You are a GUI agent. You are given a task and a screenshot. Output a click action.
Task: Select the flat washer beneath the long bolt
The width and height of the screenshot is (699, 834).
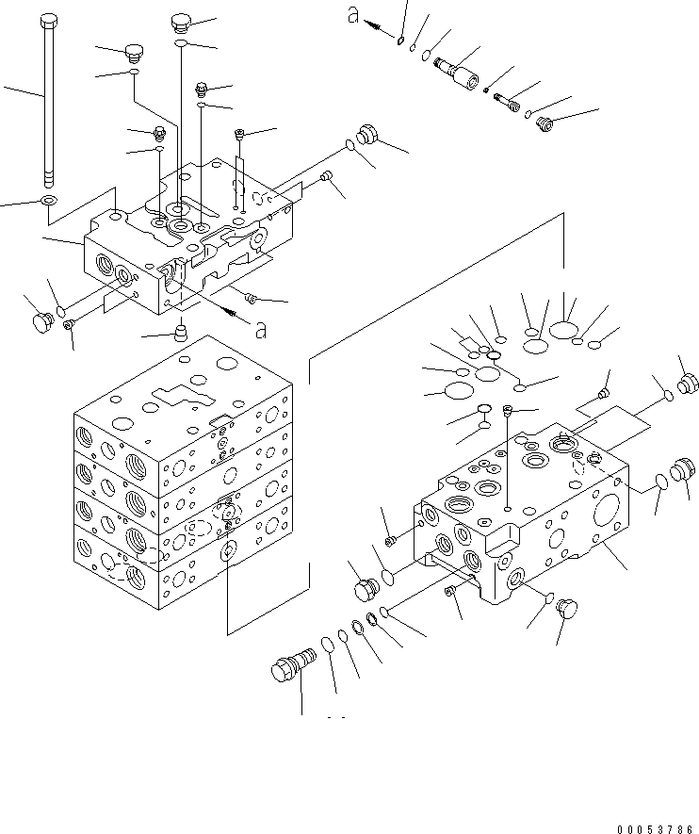[48, 201]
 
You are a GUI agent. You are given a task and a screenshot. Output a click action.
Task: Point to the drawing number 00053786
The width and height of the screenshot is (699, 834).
[656, 828]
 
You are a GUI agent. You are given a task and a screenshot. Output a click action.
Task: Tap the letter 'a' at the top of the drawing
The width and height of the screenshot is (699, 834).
[353, 16]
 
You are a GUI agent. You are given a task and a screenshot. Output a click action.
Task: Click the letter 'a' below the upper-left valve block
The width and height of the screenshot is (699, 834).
[261, 329]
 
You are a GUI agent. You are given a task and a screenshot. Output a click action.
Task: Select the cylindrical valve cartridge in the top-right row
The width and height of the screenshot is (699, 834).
[455, 73]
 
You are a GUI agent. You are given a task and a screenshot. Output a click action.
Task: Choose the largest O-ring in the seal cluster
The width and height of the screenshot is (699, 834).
[564, 328]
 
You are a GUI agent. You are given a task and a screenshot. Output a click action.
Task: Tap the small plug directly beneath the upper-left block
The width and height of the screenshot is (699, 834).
[181, 332]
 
